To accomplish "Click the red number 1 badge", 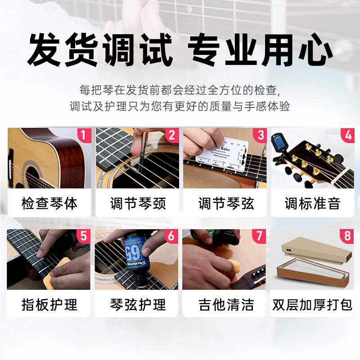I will tap(82, 135).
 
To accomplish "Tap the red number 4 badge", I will tap(347, 135).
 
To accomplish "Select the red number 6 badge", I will tap(171, 236).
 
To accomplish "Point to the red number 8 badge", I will tap(347, 236).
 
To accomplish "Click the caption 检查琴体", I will tap(49, 203).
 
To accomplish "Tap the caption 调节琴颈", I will tap(138, 203).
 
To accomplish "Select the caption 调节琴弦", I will tap(226, 203).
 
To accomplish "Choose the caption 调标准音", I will tap(312, 203).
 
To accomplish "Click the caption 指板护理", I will tap(49, 305).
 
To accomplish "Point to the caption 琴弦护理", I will tap(138, 305).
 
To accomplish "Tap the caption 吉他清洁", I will tap(226, 305).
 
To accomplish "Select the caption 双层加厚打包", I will tap(312, 305).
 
